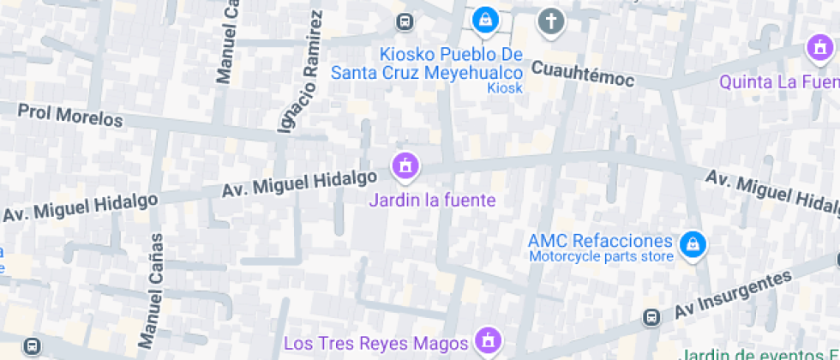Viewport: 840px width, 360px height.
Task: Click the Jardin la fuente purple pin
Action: tap(405, 165)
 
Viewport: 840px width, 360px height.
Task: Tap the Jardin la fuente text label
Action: tap(432, 201)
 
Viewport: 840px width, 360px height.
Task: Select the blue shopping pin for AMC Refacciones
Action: tap(692, 244)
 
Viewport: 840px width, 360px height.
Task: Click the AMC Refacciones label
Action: tap(600, 240)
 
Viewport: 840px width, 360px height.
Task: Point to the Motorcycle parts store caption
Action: tap(600, 255)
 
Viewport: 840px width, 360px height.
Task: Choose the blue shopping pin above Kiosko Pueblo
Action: tap(485, 18)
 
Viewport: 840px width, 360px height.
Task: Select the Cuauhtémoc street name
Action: tap(583, 73)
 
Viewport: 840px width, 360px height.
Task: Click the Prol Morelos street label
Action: tap(70, 116)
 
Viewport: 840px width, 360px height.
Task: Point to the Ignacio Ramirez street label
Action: tap(300, 72)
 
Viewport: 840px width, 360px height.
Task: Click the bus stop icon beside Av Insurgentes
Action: tap(652, 317)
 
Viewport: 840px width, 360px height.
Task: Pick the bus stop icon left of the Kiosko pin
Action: tap(404, 21)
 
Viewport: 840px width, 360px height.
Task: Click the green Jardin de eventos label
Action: tap(759, 353)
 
